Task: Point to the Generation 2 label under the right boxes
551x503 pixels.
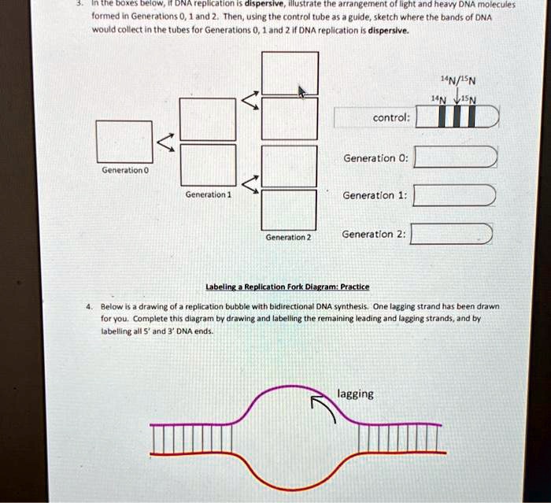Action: click(x=288, y=237)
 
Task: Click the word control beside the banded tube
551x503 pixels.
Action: click(x=390, y=117)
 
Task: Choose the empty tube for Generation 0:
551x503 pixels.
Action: click(x=455, y=157)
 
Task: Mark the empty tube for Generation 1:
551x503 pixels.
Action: click(x=454, y=195)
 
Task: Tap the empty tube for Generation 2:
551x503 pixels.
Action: click(x=452, y=234)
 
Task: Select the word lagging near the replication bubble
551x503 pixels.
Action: click(x=355, y=394)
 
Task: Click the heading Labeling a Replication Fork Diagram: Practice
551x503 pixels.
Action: click(x=287, y=287)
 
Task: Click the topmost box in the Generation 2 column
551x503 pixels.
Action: click(x=290, y=73)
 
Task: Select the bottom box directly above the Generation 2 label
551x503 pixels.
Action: click(x=288, y=210)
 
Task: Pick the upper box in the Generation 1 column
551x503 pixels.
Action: click(x=208, y=118)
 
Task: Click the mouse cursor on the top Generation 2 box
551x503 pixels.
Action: click(x=301, y=92)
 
